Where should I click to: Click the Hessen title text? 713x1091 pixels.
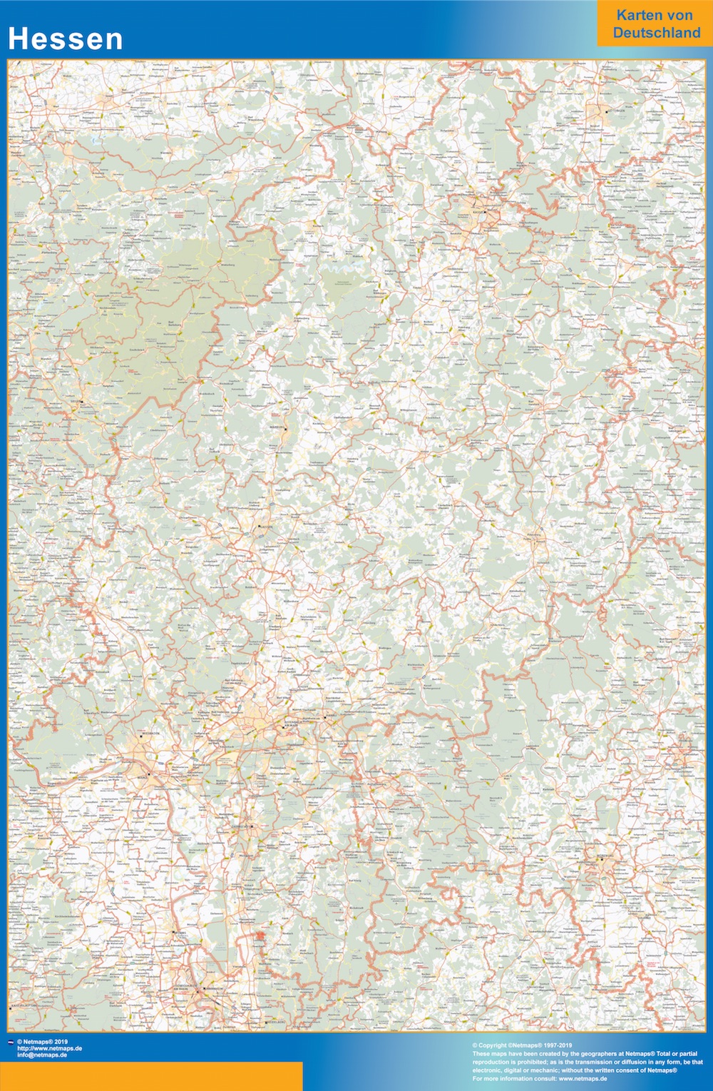click(x=66, y=39)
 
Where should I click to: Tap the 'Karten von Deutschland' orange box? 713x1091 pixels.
click(x=655, y=24)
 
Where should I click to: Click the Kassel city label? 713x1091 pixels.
click(x=478, y=212)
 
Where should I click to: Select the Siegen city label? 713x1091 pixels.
click(x=74, y=402)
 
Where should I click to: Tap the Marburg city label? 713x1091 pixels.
click(x=278, y=428)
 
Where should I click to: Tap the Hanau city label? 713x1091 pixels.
click(x=330, y=717)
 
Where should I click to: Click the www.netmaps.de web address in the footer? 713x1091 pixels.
click(x=49, y=1048)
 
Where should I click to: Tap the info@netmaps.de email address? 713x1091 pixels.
click(x=42, y=1055)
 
